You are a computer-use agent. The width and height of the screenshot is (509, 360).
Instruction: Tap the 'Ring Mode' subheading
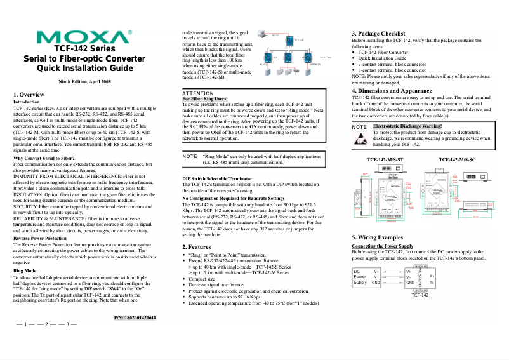pyautogui.click(x=25, y=270)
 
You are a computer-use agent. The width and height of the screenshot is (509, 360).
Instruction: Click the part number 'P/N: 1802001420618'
pyautogui.click(x=135, y=317)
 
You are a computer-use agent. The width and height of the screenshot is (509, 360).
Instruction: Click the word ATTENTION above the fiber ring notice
pyautogui.click(x=197, y=93)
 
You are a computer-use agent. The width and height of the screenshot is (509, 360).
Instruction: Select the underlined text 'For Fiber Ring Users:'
pyautogui.click(x=204, y=99)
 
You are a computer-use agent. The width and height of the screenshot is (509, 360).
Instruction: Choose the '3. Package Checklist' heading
pyautogui.click(x=383, y=33)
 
